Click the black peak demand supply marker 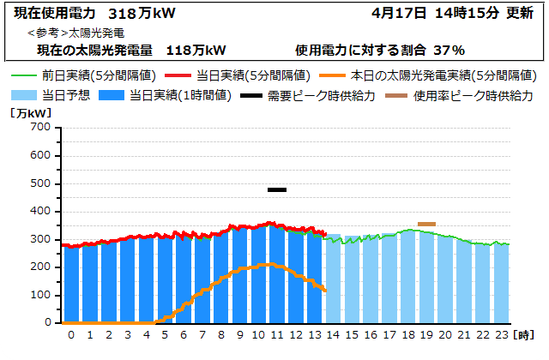tap(276, 189)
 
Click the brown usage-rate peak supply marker tap(426, 224)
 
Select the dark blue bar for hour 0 tap(71, 285)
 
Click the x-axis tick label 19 tap(426, 334)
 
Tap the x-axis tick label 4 tap(146, 334)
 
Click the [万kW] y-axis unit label tap(31, 112)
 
